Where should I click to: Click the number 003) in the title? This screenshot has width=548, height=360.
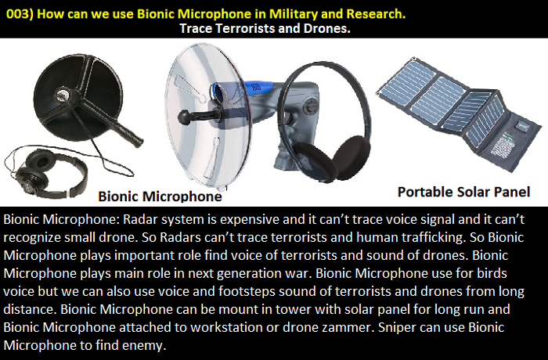point(20,14)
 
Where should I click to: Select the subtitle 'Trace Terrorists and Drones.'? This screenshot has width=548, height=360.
point(265,28)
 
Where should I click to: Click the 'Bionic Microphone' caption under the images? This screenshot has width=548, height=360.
point(160,196)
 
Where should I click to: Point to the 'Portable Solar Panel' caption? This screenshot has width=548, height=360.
point(463,192)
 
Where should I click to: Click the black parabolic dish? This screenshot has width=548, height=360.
point(78,97)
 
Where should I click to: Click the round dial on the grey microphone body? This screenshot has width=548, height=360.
point(310,106)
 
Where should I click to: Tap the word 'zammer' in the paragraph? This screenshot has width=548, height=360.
point(348,327)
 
